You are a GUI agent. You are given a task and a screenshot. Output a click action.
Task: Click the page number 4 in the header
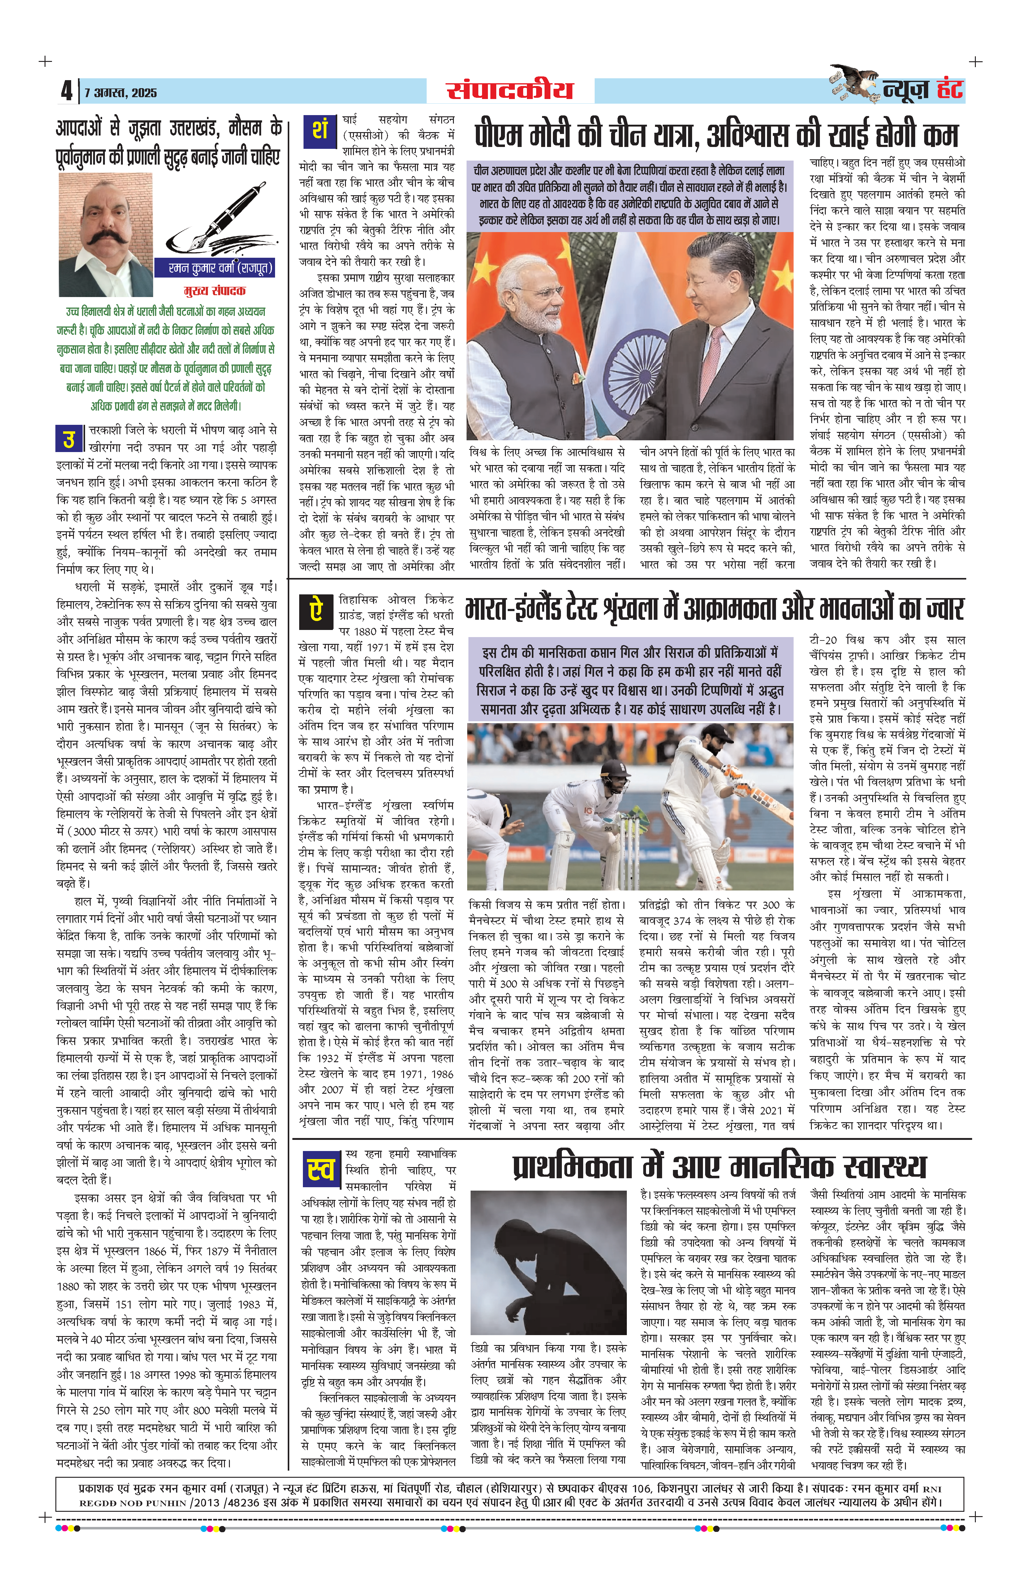point(66,91)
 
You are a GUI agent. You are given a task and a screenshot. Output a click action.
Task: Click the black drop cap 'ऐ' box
point(316,610)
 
